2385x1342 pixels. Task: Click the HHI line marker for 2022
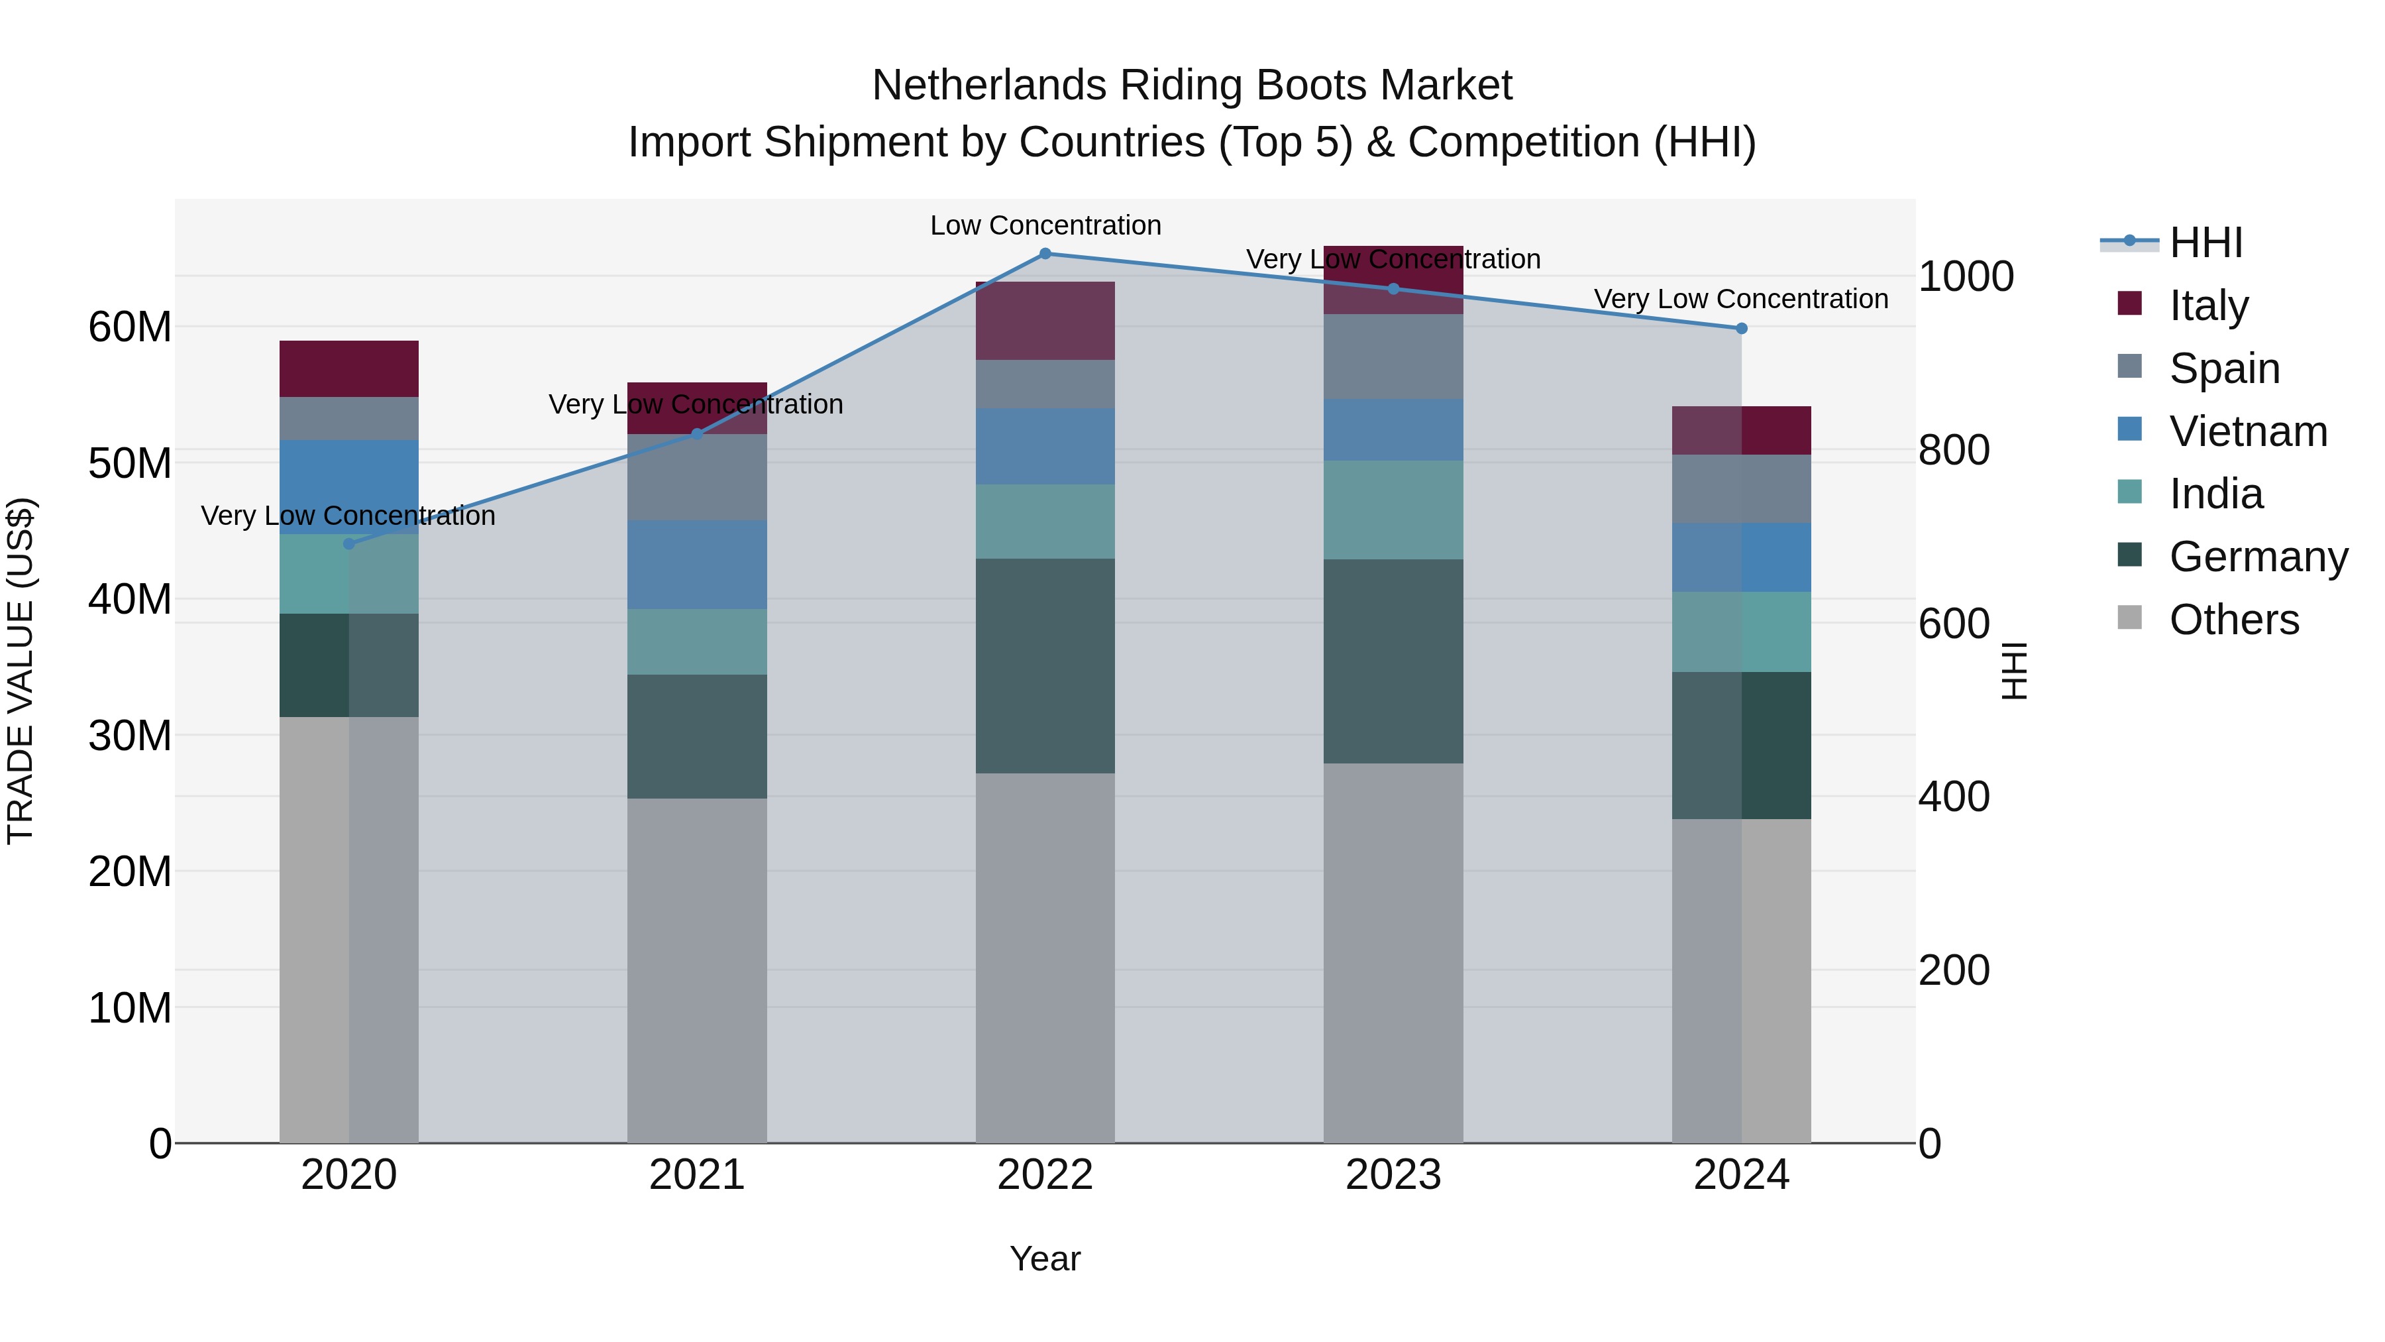pyautogui.click(x=1045, y=254)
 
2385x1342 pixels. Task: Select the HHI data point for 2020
pyautogui.click(x=349, y=543)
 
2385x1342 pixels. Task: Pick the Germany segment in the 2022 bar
pyautogui.click(x=1045, y=666)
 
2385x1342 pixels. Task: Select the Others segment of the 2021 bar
pyautogui.click(x=697, y=971)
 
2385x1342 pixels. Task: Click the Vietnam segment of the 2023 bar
pyautogui.click(x=1393, y=429)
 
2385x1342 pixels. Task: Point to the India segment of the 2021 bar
pyautogui.click(x=697, y=642)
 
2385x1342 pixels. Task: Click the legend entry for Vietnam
pyautogui.click(x=2247, y=431)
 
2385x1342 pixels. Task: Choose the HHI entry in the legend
pyautogui.click(x=2205, y=243)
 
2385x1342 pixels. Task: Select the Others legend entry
pyautogui.click(x=2233, y=620)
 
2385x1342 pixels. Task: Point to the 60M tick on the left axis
pyautogui.click(x=130, y=327)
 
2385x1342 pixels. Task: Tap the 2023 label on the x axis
pyautogui.click(x=1393, y=1175)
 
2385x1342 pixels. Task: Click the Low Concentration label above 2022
pyautogui.click(x=1045, y=225)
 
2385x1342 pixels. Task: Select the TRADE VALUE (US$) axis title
pyautogui.click(x=21, y=671)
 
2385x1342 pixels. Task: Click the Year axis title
pyautogui.click(x=1045, y=1258)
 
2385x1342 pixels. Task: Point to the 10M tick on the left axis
pyautogui.click(x=130, y=1007)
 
